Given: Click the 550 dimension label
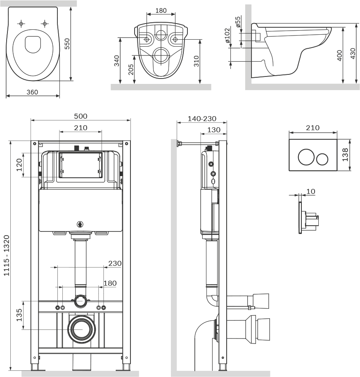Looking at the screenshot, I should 68,42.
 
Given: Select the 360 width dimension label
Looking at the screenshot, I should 32,92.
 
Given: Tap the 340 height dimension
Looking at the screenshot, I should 117,61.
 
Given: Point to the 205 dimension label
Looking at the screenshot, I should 131,69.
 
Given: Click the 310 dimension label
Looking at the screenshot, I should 197,61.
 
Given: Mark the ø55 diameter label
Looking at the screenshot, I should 238,21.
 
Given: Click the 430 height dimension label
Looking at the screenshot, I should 352,54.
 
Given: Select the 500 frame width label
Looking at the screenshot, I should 81,116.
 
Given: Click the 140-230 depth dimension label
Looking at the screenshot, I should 202,119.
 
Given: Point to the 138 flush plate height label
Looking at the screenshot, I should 345,155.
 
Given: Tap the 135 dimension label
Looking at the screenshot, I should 19,315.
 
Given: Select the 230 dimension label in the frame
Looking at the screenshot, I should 114,263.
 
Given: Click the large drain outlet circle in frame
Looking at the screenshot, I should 81,329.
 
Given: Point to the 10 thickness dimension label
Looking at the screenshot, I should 310,191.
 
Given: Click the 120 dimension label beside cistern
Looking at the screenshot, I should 19,165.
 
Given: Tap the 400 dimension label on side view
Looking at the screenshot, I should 339,56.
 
